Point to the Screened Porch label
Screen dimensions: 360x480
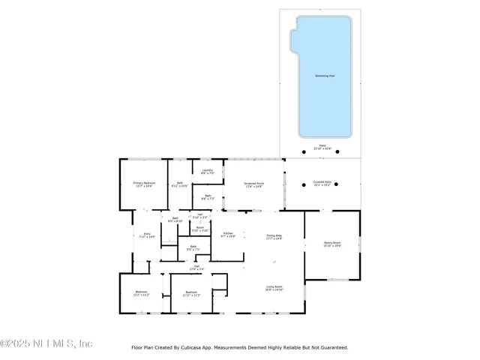coord(256,184)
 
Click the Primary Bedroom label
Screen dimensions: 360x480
coord(145,184)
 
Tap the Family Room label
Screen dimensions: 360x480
coord(332,244)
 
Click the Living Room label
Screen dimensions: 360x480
coord(274,286)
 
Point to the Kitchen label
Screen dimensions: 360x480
coord(228,235)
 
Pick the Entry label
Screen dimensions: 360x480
coord(147,235)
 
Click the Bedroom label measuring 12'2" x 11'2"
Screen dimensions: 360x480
coord(142,293)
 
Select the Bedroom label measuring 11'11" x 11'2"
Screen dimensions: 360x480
coord(191,293)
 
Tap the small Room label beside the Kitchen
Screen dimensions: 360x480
coord(200,229)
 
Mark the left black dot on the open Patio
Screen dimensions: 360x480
coord(304,151)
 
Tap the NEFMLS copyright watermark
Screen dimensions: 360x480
coord(46,343)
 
